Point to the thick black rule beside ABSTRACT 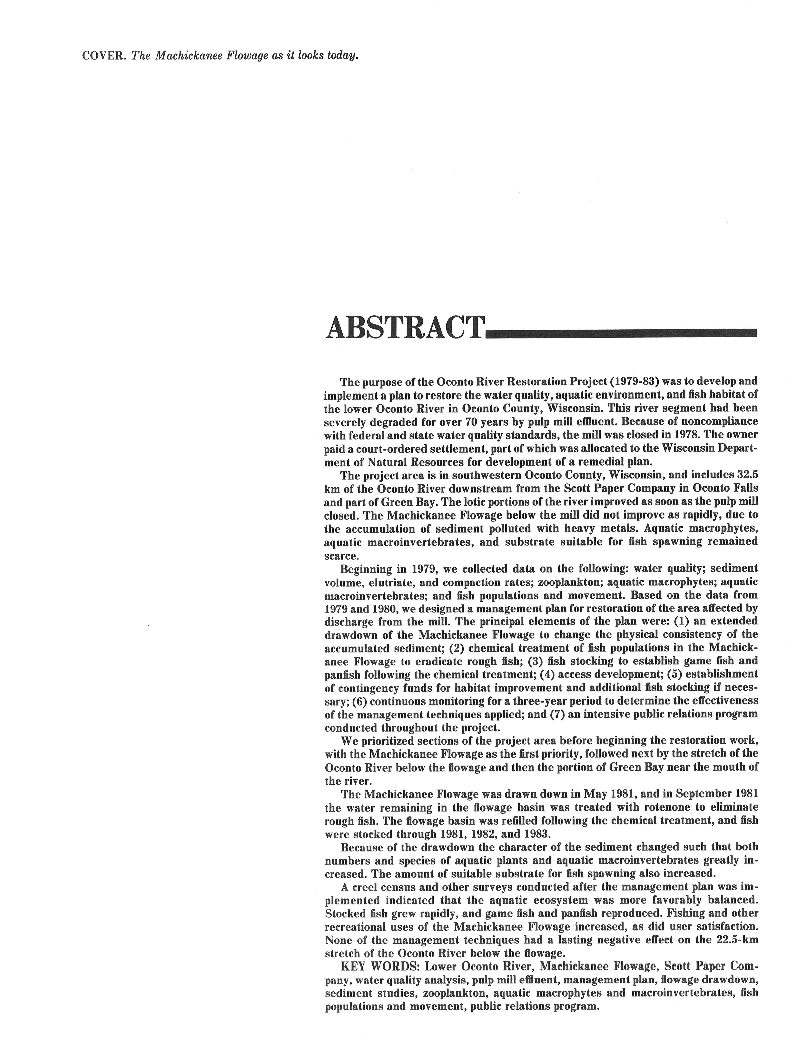tap(621, 334)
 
